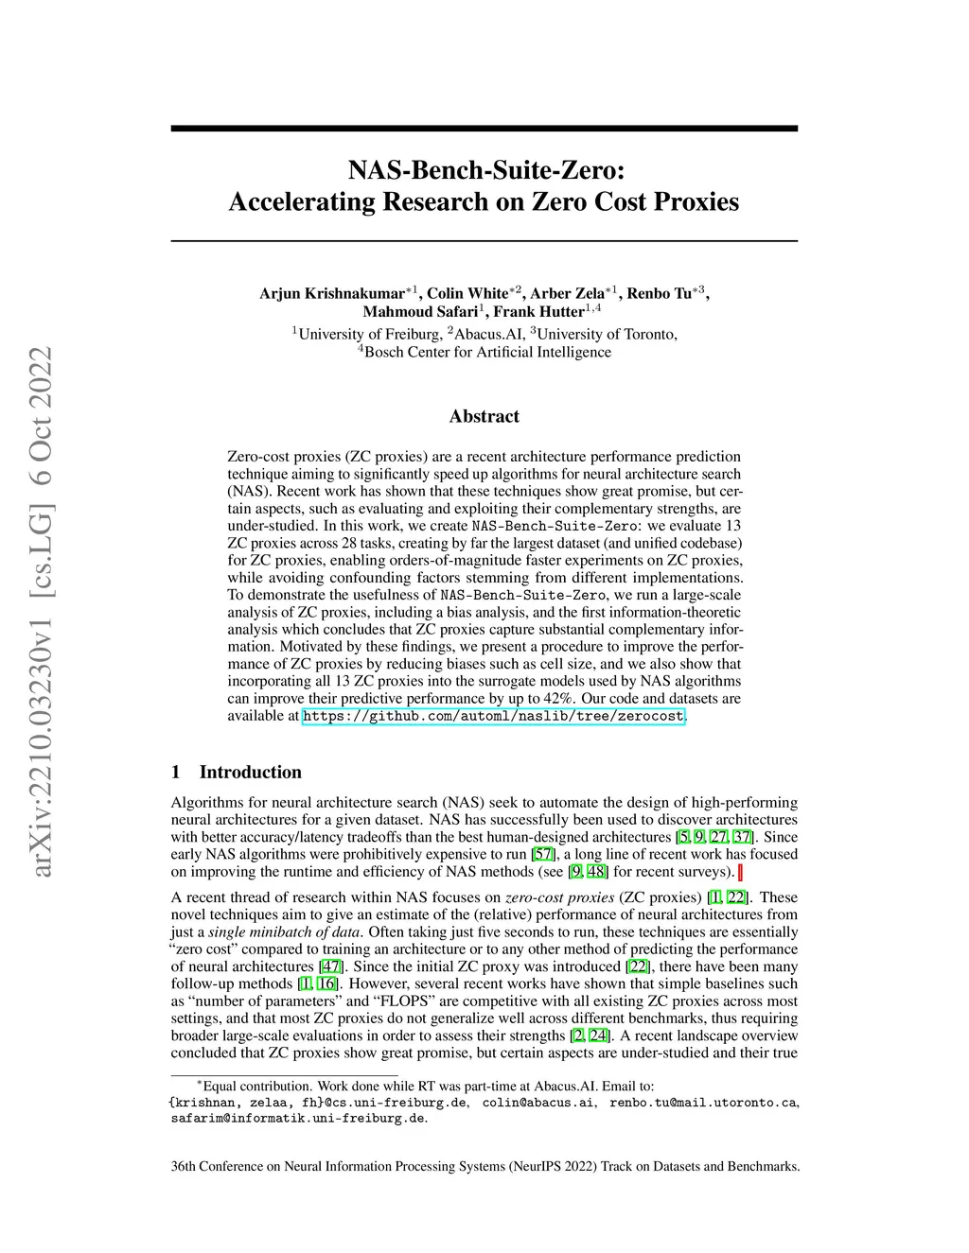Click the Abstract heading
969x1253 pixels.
[x=484, y=416]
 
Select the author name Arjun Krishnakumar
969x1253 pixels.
[x=332, y=293]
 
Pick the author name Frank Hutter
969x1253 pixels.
[x=538, y=311]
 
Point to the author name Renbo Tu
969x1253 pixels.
[x=660, y=293]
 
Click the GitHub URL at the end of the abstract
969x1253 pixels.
[x=492, y=716]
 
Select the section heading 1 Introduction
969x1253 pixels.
[x=237, y=772]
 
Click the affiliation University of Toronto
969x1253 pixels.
[x=607, y=334]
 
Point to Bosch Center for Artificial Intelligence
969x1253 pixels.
[x=487, y=352]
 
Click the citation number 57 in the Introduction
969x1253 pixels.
[x=543, y=854]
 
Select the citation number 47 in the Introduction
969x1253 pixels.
[x=331, y=966]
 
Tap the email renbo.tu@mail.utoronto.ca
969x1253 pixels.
[x=703, y=1102]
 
